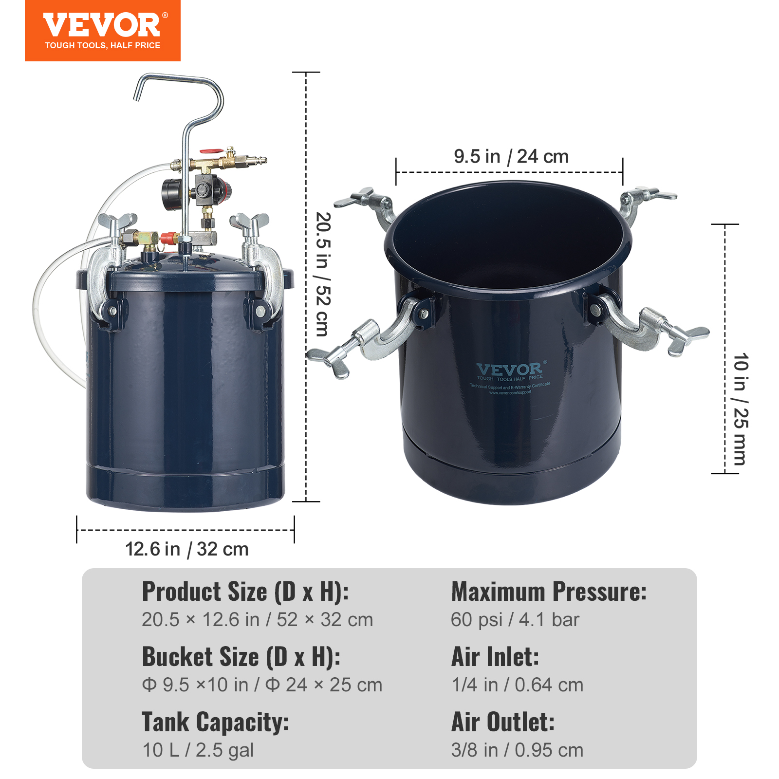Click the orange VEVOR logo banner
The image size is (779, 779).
102,30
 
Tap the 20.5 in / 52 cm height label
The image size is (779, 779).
323,274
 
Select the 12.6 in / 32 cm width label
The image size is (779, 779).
187,549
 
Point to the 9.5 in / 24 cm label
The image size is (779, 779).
511,157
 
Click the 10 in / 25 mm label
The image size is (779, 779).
740,409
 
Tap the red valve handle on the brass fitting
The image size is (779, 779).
211,152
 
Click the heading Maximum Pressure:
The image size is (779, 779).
549,592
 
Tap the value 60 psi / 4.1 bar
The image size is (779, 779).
515,620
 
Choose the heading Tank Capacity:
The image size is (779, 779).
215,722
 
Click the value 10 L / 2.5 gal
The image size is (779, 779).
198,750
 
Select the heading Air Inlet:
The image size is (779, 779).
495,657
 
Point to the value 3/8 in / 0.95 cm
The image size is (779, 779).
517,750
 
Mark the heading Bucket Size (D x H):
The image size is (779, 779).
241,657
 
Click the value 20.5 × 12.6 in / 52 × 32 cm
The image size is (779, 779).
257,620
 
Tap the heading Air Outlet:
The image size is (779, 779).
503,722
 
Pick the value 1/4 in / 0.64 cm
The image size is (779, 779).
517,685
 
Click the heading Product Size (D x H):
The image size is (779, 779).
245,592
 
